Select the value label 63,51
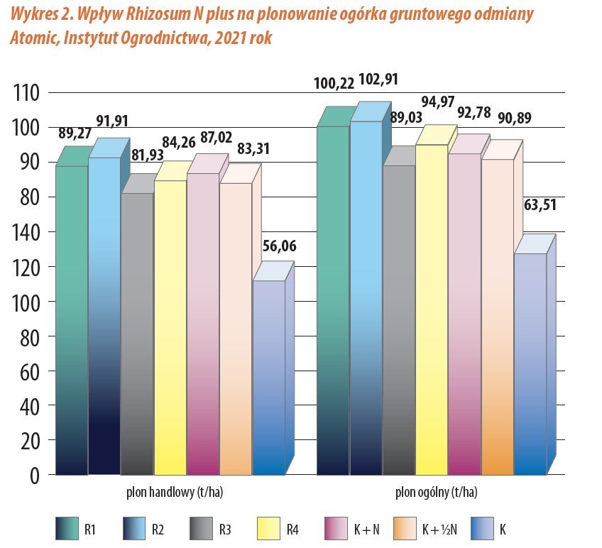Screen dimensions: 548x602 click(x=540, y=206)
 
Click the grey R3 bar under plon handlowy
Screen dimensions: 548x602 click(x=136, y=334)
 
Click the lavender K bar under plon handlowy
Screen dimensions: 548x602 click(x=269, y=376)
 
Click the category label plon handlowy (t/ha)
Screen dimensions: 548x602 click(x=170, y=492)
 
